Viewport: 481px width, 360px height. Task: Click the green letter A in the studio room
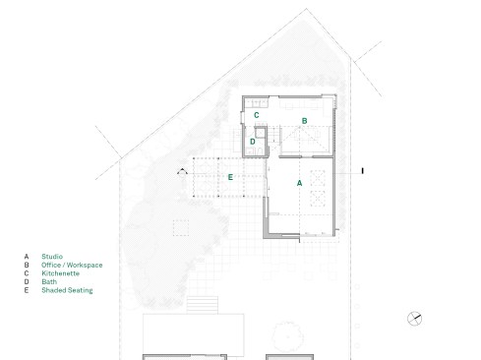tap(299, 183)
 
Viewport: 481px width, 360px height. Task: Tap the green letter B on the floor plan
tap(304, 121)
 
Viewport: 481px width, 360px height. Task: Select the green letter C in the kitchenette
tap(257, 115)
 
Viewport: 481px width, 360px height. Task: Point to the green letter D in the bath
tap(253, 142)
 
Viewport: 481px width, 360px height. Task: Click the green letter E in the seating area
tap(230, 177)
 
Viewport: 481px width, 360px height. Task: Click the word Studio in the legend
tap(52, 257)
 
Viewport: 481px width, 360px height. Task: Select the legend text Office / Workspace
tap(72, 265)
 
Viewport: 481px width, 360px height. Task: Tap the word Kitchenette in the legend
tap(61, 273)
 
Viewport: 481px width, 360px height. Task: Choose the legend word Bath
tap(49, 281)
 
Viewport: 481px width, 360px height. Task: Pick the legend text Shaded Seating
tap(67, 290)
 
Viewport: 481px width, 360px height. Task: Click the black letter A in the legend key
tap(27, 257)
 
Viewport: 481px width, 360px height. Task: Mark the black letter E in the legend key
tap(27, 290)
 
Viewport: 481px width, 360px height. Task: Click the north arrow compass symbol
tap(414, 319)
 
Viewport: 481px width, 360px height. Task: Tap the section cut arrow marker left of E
tap(182, 171)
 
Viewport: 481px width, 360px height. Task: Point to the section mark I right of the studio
tap(362, 171)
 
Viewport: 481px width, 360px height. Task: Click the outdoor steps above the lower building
tap(203, 305)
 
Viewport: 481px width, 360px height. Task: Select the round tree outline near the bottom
tap(287, 336)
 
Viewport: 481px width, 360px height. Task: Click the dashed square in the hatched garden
tap(181, 228)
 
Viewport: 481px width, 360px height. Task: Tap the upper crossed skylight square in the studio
tap(318, 178)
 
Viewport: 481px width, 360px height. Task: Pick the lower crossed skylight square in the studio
tap(318, 199)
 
